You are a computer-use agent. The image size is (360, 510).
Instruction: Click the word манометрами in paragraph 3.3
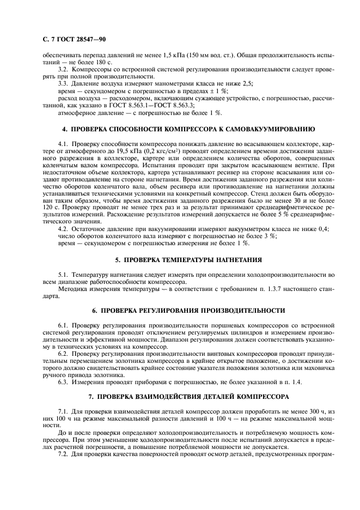[x=158, y=85]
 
